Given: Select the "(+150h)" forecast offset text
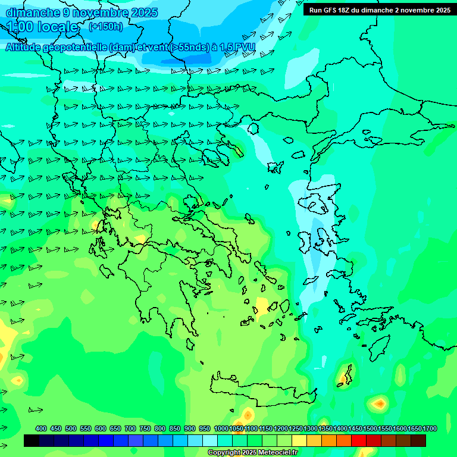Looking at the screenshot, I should click(x=106, y=26).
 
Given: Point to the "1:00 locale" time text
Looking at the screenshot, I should click(x=42, y=27).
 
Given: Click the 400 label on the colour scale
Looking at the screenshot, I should click(x=41, y=428).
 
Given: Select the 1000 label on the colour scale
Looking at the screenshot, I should click(x=221, y=428).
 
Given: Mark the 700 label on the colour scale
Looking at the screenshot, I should click(x=130, y=428).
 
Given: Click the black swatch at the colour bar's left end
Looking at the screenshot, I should click(x=32, y=440).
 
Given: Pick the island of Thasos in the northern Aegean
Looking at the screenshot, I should click(x=253, y=129).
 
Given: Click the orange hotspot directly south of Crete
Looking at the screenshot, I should click(x=248, y=414).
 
